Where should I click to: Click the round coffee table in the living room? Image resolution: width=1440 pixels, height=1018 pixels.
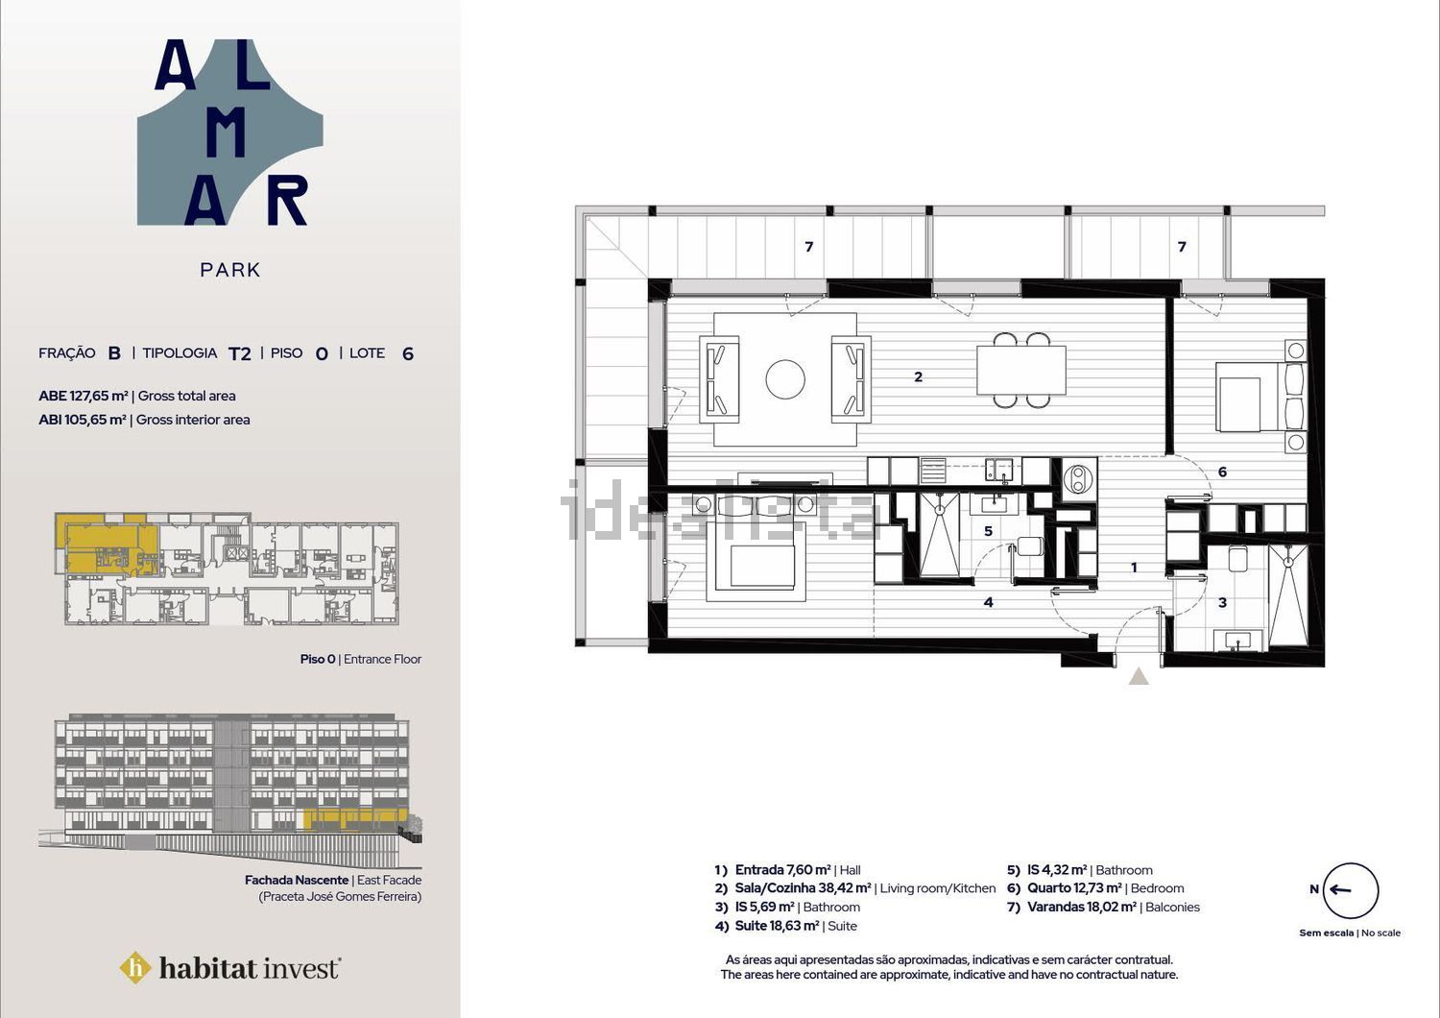pyautogui.click(x=785, y=378)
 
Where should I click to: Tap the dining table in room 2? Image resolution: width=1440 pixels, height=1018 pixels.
pyautogui.click(x=1020, y=370)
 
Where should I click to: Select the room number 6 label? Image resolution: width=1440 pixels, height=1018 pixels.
pyautogui.click(x=1222, y=472)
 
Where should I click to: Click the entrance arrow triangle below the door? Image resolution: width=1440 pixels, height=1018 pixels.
pyautogui.click(x=1139, y=676)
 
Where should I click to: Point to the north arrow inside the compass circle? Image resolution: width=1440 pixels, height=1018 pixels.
pyautogui.click(x=1340, y=890)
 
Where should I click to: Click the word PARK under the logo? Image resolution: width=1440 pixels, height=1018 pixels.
pyautogui.click(x=230, y=270)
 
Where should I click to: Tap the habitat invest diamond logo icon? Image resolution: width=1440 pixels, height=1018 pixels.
pyautogui.click(x=135, y=968)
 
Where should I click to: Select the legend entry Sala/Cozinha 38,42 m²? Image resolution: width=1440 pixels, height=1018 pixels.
pyautogui.click(x=803, y=888)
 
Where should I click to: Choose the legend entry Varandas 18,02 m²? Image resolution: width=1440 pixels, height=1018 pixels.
pyautogui.click(x=1082, y=907)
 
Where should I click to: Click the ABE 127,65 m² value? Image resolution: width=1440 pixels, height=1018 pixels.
pyautogui.click(x=83, y=396)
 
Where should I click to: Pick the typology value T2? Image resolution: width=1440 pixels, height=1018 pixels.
pyautogui.click(x=240, y=353)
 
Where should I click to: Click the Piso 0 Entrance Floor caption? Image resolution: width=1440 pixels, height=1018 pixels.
pyautogui.click(x=361, y=659)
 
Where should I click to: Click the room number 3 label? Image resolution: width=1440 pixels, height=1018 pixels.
pyautogui.click(x=1222, y=602)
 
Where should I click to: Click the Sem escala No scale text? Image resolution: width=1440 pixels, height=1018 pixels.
pyautogui.click(x=1350, y=933)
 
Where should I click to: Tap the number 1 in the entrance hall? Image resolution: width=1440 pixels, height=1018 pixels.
pyautogui.click(x=1134, y=568)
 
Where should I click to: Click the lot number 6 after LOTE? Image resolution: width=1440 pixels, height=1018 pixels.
pyautogui.click(x=408, y=353)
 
